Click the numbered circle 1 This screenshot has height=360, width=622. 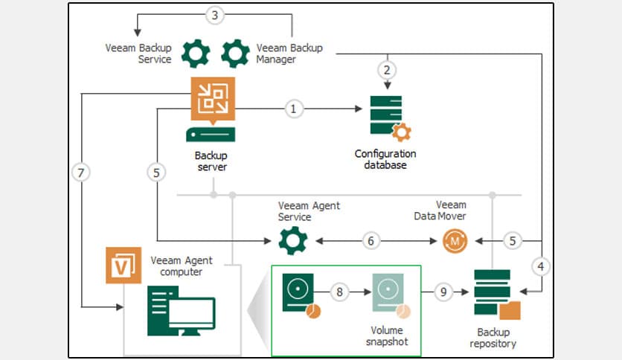pyautogui.click(x=293, y=109)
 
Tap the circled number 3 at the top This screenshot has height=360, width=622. pyautogui.click(x=214, y=15)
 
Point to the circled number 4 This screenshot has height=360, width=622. pyautogui.click(x=542, y=265)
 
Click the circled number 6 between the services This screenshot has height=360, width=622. pyautogui.click(x=371, y=240)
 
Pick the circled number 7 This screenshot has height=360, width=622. pyautogui.click(x=82, y=173)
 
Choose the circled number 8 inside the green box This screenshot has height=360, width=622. pyautogui.click(x=339, y=292)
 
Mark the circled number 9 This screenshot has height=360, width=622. pyautogui.click(x=443, y=292)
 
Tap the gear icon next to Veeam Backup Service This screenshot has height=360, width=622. pyautogui.click(x=196, y=53)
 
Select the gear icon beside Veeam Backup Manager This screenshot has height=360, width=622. pyautogui.click(x=236, y=53)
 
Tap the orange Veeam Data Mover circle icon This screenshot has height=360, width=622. pyautogui.click(x=455, y=241)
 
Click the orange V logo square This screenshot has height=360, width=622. pyautogui.click(x=124, y=266)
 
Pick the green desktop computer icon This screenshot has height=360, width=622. pyautogui.click(x=182, y=312)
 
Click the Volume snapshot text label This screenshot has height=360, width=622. pyautogui.click(x=387, y=335)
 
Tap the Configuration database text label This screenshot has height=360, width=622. pyautogui.click(x=385, y=159)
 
